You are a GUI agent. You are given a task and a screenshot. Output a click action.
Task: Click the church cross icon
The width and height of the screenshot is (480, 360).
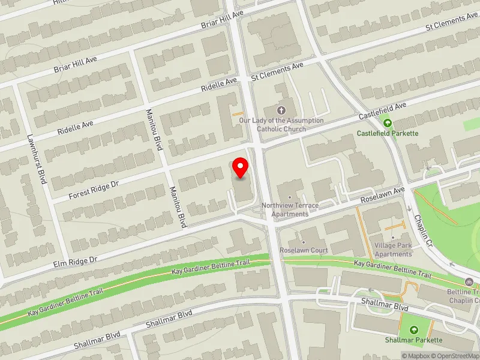click(x=281, y=110)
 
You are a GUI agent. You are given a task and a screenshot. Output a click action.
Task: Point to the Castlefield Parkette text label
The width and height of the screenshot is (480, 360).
click(x=388, y=133)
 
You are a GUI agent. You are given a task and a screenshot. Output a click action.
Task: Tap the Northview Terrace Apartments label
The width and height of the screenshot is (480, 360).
click(x=289, y=209)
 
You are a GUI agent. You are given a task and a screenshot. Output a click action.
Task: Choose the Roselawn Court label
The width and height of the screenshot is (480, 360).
click(x=303, y=250)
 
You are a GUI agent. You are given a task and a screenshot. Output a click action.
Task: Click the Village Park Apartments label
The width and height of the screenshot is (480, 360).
click(x=393, y=250)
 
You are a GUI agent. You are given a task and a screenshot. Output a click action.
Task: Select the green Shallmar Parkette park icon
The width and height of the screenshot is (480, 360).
click(x=413, y=329)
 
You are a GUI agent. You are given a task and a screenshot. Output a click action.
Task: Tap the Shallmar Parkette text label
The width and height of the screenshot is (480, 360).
click(x=413, y=340)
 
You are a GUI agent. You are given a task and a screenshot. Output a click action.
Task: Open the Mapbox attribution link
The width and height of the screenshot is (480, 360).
click(x=417, y=356)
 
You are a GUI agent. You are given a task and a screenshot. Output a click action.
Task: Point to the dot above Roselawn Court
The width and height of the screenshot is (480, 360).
click(x=303, y=242)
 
